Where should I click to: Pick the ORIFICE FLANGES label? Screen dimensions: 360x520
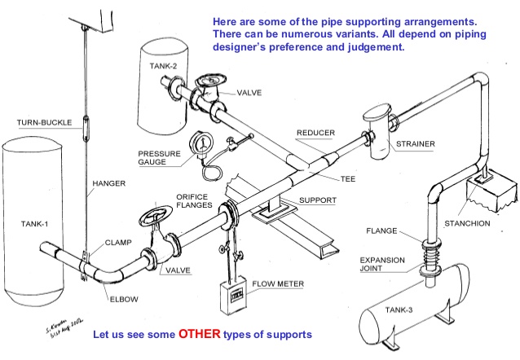click(x=194, y=200)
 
